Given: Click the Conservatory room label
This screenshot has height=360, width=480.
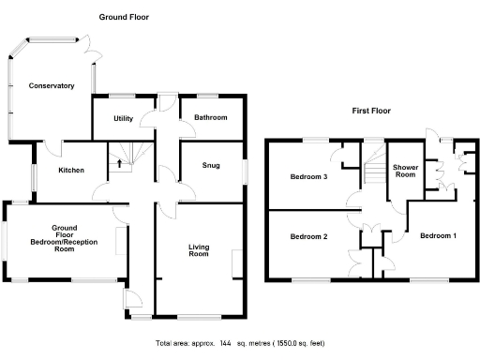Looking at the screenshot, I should (51, 85).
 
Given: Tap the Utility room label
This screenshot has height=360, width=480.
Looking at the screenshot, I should (123, 118).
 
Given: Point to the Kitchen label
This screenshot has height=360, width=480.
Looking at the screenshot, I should (71, 171).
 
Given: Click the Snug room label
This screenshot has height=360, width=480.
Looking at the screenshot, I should (211, 165).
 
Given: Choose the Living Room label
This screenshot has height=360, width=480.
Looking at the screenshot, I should (198, 251).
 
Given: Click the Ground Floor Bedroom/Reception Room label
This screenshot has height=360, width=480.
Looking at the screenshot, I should (63, 239).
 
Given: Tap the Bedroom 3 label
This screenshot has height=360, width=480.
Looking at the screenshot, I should (307, 176).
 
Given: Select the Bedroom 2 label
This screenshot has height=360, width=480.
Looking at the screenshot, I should (307, 236).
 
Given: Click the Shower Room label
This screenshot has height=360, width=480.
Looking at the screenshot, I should (405, 170).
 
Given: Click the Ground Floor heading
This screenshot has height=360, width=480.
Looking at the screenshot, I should (124, 17).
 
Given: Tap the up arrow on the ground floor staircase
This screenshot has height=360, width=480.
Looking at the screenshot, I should (118, 165).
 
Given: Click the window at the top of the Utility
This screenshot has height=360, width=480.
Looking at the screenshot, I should (122, 95).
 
